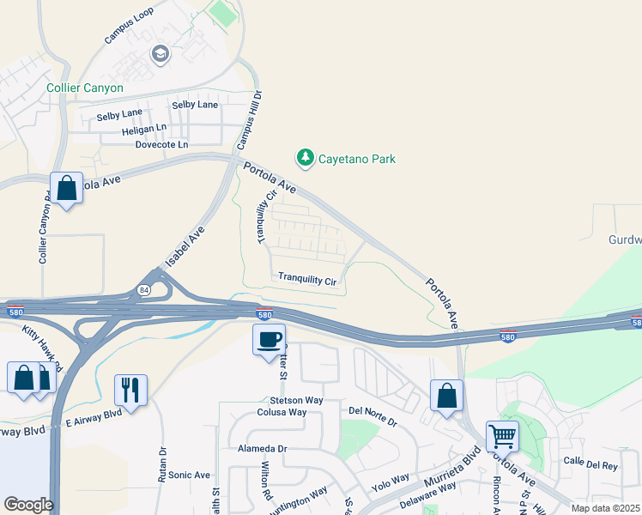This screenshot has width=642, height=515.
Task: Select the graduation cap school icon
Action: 160,55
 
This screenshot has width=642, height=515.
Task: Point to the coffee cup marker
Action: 270,339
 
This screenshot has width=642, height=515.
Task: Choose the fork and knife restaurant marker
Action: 130,389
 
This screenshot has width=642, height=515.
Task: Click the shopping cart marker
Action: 502,435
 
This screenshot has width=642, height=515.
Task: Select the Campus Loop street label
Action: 129,27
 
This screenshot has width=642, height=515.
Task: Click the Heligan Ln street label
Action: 144,128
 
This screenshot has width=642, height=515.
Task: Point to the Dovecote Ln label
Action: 160,145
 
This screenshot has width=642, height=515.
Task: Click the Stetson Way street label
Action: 296,400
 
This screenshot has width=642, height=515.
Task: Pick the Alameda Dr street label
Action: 263,449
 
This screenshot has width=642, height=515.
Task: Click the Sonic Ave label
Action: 189,475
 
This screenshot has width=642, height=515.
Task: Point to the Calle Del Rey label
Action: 591,465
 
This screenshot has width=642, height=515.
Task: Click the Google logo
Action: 27,505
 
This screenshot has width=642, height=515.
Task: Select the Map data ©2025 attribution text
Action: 605,508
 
